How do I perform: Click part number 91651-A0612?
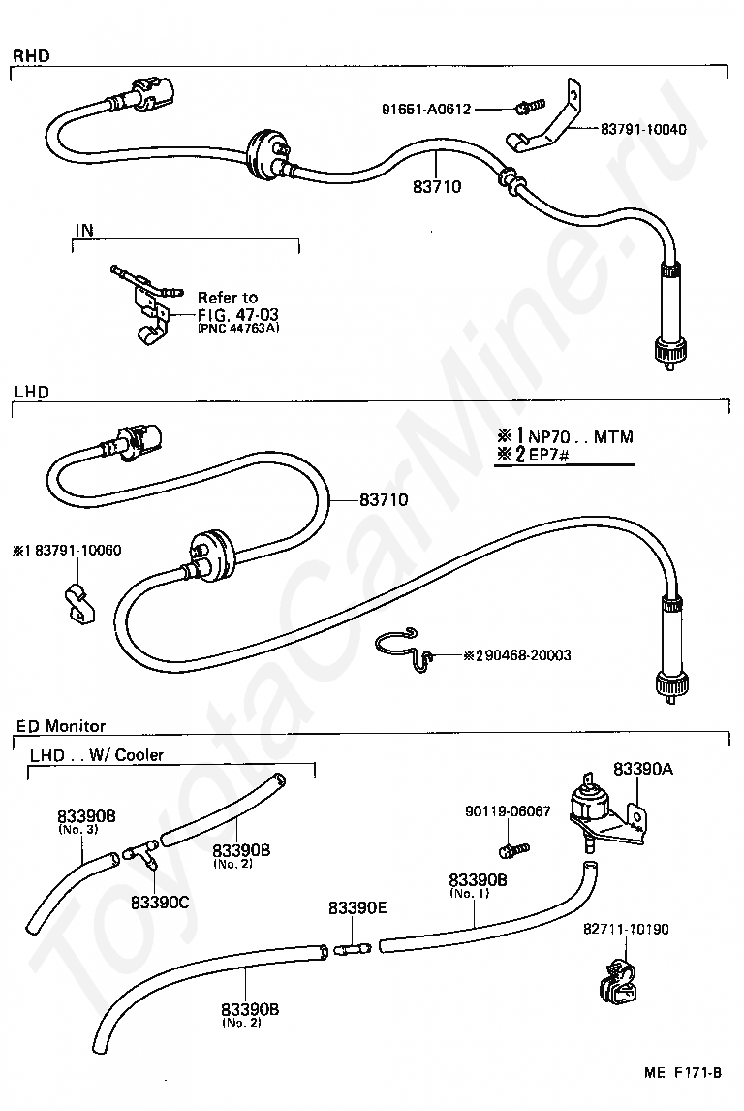[426, 110]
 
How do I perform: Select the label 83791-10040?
[643, 129]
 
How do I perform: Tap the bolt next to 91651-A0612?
[530, 107]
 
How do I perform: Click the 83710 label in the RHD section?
[437, 186]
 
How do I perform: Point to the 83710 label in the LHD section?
[384, 499]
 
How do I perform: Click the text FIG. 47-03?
[238, 314]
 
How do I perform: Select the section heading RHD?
[31, 56]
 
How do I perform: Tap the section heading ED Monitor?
[61, 726]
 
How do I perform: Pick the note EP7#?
[548, 455]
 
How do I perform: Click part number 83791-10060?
[77, 550]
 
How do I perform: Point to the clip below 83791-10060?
[78, 604]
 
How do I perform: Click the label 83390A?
[643, 769]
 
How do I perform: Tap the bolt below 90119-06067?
[514, 847]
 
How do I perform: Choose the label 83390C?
[160, 902]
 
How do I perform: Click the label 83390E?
[357, 907]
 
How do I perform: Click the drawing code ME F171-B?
[683, 1073]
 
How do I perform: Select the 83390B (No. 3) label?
[86, 820]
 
